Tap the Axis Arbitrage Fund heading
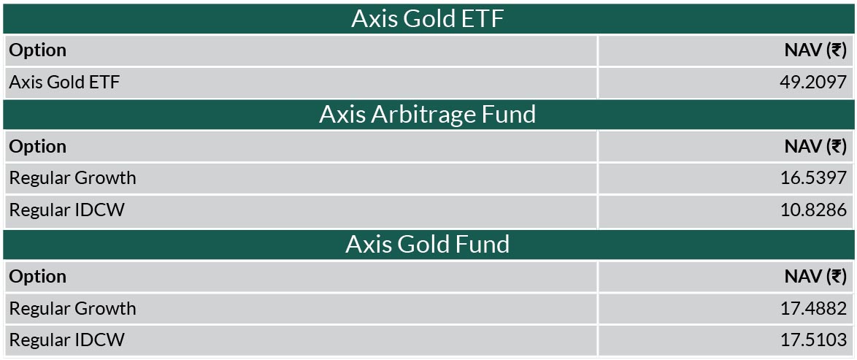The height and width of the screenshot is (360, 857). coord(428,115)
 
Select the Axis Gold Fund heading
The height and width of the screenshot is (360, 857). coord(428,244)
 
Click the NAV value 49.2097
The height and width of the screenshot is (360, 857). coord(813,82)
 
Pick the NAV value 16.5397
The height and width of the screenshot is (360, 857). coord(813,178)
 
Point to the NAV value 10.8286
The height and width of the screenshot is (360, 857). coord(813,210)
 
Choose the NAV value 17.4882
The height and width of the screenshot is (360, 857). coord(813,308)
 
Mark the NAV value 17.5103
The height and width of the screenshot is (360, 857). coord(813,340)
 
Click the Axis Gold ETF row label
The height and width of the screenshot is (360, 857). coord(64,82)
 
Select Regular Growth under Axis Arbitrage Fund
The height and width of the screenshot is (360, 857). coord(73,178)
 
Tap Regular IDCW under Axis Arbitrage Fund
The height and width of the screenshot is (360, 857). coord(66,210)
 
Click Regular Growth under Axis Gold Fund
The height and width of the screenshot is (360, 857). coord(73,309)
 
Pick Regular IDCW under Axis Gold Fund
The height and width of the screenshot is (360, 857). coord(66,340)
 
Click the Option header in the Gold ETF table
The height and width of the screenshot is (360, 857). coord(38,50)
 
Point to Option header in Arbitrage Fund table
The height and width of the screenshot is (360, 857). coord(38,147)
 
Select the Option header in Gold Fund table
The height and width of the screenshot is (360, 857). coord(38,277)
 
